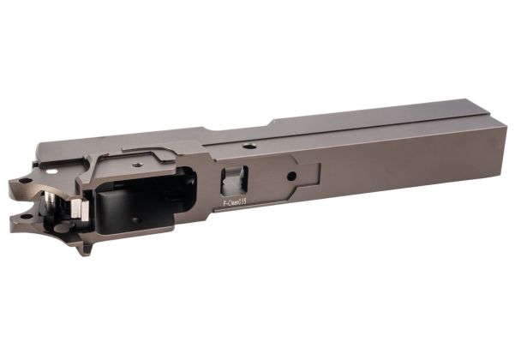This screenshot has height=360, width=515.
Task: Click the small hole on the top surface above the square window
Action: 249,147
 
